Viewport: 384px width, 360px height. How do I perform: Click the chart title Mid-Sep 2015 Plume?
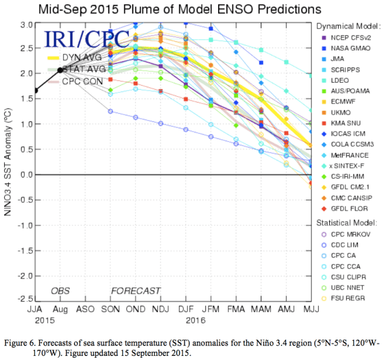coord(193,9)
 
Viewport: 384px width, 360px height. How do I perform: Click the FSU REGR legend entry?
coord(346,299)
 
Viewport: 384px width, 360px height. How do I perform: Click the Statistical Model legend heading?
coord(347,223)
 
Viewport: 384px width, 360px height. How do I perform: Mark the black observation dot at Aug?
coord(61,70)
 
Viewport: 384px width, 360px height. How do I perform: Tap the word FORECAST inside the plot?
coord(136,291)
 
